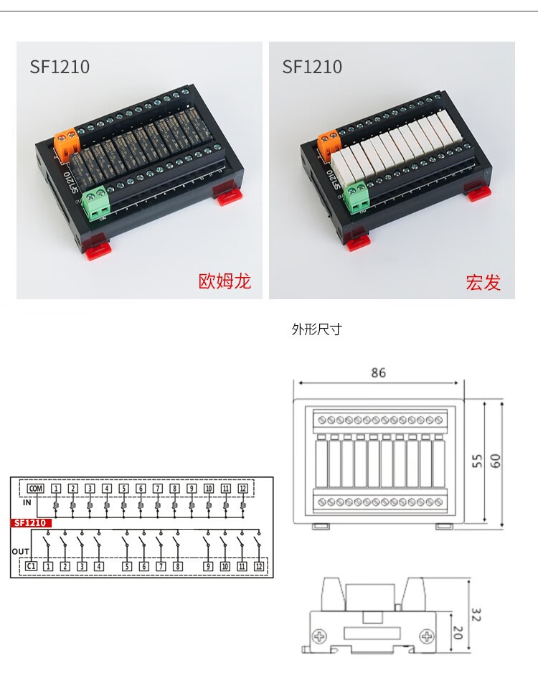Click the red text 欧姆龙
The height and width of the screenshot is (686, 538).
click(x=225, y=281)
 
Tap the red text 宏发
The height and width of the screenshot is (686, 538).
click(x=483, y=283)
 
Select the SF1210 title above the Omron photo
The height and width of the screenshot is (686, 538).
click(x=60, y=67)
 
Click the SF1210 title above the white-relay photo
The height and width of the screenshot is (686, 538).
click(x=312, y=67)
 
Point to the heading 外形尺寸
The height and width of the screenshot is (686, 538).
click(x=316, y=330)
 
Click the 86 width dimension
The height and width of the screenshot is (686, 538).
click(x=378, y=373)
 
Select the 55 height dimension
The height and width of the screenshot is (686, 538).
click(x=476, y=461)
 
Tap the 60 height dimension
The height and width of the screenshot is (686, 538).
click(x=495, y=461)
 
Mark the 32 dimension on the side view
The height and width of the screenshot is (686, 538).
click(x=476, y=615)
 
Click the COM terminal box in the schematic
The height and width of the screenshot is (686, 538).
click(x=35, y=489)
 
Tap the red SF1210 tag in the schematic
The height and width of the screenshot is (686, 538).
click(x=30, y=523)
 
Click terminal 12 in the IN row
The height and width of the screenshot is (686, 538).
click(x=242, y=489)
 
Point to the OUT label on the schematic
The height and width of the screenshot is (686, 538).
click(x=20, y=551)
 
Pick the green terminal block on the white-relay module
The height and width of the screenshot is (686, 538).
click(x=357, y=196)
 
